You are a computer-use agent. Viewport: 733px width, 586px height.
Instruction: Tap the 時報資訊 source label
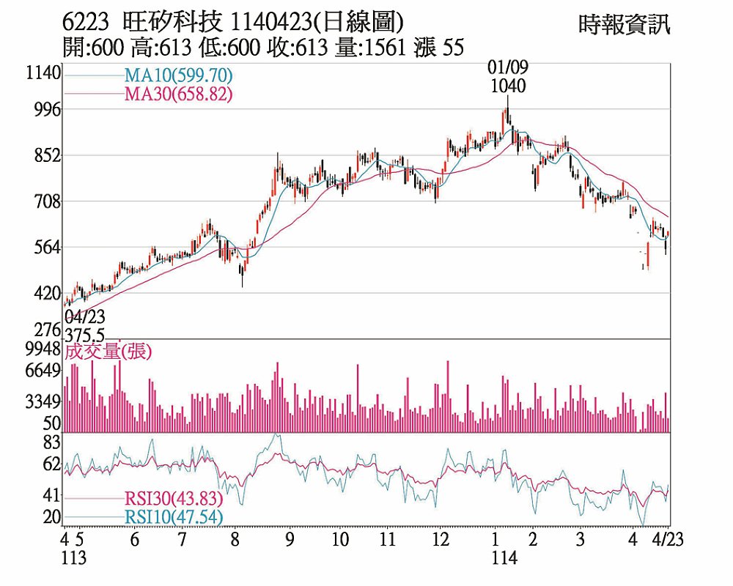[x=624, y=25]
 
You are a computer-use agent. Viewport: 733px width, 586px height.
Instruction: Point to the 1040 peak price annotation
[x=507, y=86]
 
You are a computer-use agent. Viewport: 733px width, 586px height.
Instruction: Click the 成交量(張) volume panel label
[x=108, y=352]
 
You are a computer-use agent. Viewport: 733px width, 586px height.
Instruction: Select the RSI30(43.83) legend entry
[x=173, y=498]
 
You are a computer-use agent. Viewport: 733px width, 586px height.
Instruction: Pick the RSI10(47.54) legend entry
[x=173, y=517]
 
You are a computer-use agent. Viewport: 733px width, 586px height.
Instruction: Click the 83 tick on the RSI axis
[x=51, y=442]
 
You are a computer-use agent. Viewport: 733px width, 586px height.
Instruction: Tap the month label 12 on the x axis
[x=440, y=541]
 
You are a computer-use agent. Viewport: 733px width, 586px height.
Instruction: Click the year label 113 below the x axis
[x=74, y=559]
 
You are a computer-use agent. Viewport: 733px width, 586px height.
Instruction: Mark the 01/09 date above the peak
[x=508, y=68]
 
